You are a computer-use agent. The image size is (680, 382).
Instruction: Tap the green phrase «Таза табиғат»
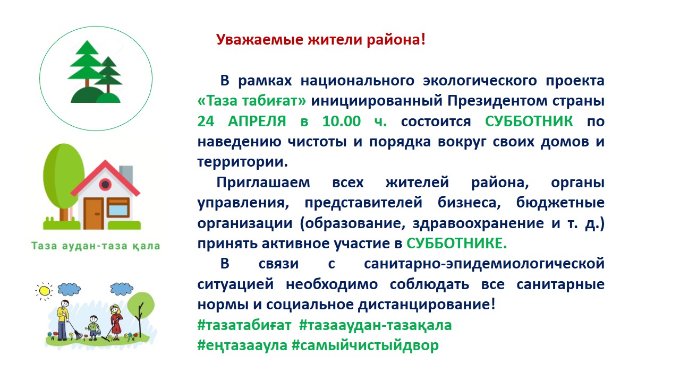pos(252,101)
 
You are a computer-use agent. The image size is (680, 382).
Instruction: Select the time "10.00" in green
pos(342,121)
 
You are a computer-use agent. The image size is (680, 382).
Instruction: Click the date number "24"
pos(206,121)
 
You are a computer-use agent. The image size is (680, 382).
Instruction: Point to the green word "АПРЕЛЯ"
pos(257,121)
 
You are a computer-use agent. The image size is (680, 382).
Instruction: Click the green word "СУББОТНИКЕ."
pos(456,243)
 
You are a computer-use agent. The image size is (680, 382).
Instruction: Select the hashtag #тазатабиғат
pos(244,325)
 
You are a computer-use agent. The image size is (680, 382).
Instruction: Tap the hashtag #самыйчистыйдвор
pos(365,345)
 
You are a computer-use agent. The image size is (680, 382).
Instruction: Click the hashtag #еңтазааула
pos(242,345)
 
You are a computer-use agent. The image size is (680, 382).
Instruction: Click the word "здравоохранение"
pos(478,223)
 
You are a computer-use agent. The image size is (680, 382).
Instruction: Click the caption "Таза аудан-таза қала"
pos(96,246)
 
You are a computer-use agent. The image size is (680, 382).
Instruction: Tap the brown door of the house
pos(93,213)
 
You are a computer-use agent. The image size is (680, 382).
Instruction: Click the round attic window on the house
pos(105,184)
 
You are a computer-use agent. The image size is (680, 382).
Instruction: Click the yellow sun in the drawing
pos(44,291)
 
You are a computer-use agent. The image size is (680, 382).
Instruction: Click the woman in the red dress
pos(116,322)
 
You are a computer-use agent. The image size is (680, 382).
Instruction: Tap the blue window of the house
pos(118,210)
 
